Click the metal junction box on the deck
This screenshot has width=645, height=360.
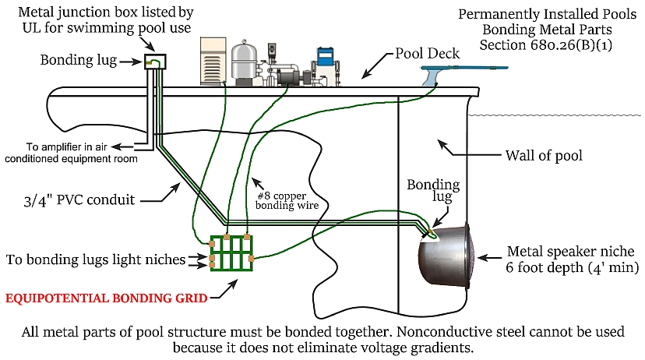coord(155,62)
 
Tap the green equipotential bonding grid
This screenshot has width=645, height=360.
coord(231,253)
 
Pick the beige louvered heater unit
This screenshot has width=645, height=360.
coord(213,61)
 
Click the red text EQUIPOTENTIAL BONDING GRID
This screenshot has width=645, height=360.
coord(107,298)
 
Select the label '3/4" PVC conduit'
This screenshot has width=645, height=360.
coord(79,200)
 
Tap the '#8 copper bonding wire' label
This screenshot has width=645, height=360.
coord(287,200)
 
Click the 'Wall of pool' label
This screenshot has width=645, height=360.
coord(544,156)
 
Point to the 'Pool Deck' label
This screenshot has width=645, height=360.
coord(427,54)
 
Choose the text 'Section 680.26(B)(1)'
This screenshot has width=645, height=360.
coord(546,45)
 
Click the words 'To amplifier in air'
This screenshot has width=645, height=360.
coord(66,146)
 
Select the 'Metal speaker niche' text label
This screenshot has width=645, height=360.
coord(570,251)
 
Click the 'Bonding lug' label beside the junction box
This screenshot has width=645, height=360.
coord(79,60)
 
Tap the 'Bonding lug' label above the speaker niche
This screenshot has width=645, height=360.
coord(433,190)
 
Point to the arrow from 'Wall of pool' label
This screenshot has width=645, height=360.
coord(468,150)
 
